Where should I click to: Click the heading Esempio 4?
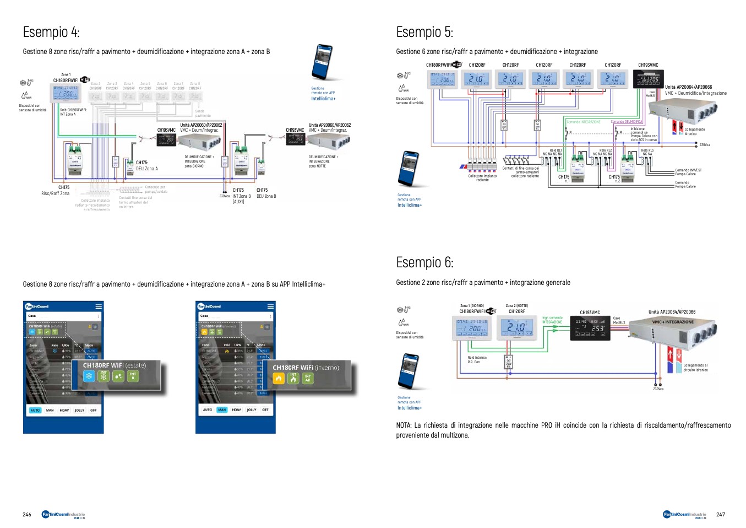pyautogui.click(x=51, y=32)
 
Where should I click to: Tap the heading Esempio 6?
pyautogui.click(x=424, y=262)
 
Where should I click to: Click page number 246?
pyautogui.click(x=27, y=514)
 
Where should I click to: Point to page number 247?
pyautogui.click(x=721, y=514)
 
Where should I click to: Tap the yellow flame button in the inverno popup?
pyautogui.click(x=279, y=379)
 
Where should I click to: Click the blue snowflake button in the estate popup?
pyautogui.click(x=89, y=376)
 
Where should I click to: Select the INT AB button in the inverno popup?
pyautogui.click(x=308, y=379)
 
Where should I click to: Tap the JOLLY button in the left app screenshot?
pyautogui.click(x=79, y=410)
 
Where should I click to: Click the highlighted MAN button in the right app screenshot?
pyautogui.click(x=222, y=410)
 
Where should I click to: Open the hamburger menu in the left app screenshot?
pyautogui.click(x=99, y=306)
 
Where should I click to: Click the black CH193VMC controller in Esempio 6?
pyautogui.click(x=590, y=328)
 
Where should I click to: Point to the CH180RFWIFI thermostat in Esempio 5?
pyautogui.click(x=443, y=79)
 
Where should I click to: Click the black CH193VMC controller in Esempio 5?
pyautogui.click(x=648, y=79)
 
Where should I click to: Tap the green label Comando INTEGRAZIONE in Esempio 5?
pyautogui.click(x=584, y=122)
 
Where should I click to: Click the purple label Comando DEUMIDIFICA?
pyautogui.click(x=627, y=122)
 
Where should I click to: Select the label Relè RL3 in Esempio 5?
pyautogui.click(x=647, y=150)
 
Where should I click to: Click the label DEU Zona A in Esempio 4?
pyautogui.click(x=147, y=169)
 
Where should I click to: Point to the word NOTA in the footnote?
pyautogui.click(x=404, y=425)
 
